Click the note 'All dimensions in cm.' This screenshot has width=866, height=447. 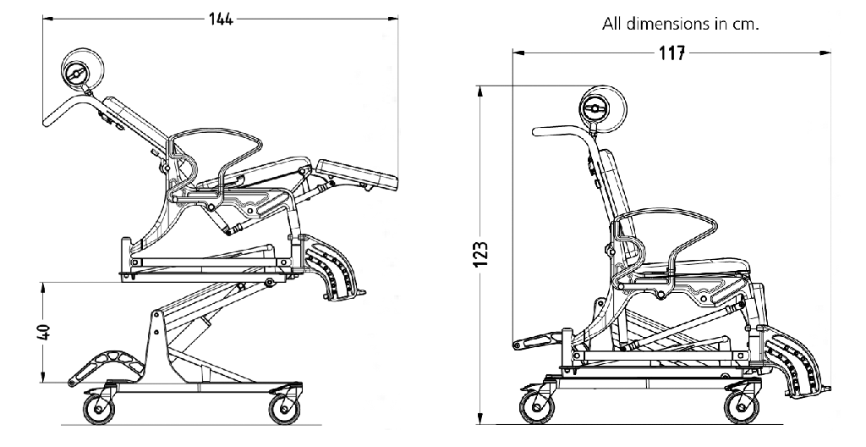click(680, 24)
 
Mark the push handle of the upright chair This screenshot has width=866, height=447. click(558, 131)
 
